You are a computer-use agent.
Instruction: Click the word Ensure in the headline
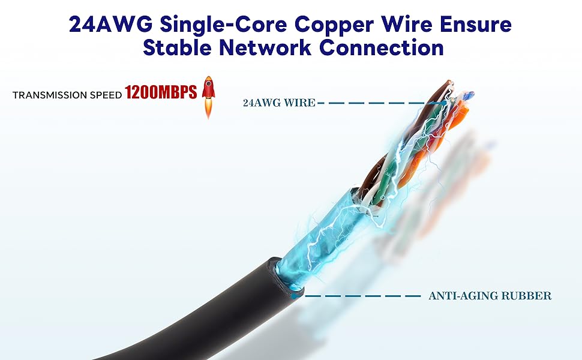pyautogui.click(x=479, y=23)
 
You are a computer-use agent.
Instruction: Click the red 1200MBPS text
pyautogui.click(x=161, y=93)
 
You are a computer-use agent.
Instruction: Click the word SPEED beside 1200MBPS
pyautogui.click(x=105, y=95)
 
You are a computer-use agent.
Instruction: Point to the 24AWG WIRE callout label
pyautogui.click(x=279, y=103)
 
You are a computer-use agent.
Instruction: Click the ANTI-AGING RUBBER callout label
pyautogui.click(x=490, y=296)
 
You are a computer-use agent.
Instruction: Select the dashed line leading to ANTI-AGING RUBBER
pyautogui.click(x=360, y=296)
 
